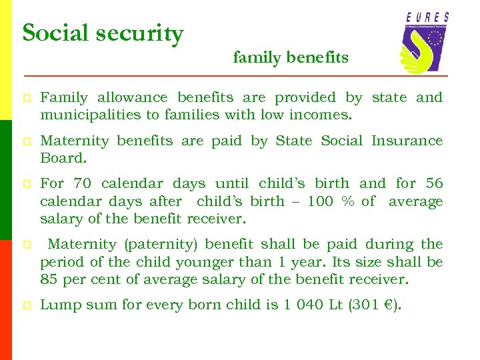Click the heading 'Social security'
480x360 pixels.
pos(103,33)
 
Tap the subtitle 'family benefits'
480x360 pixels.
pos(291,58)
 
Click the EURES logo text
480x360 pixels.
pos(427,17)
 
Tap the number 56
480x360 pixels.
pos(433,183)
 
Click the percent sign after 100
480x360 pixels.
pos(347,201)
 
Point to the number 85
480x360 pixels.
pos(49,280)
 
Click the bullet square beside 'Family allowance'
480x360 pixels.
pos(26,99)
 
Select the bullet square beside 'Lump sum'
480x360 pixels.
pos(26,306)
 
